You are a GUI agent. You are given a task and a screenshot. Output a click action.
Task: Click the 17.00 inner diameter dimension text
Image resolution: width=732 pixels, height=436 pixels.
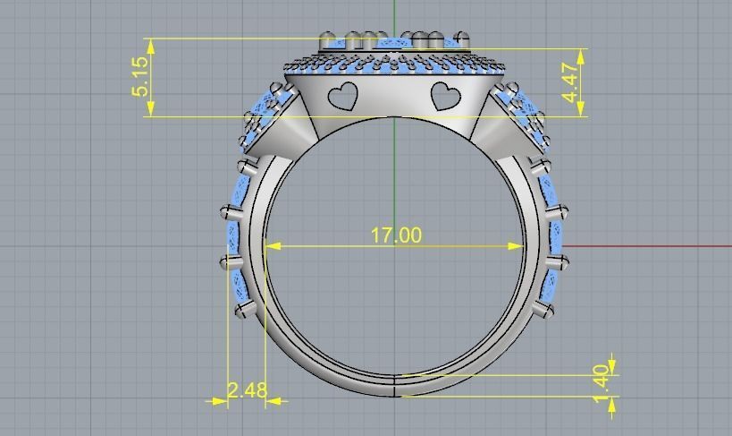[396, 235]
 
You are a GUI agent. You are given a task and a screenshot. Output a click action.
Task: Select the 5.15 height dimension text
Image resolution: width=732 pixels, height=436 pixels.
[140, 77]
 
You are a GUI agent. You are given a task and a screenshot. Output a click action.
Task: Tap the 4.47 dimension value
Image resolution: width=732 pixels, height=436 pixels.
[568, 81]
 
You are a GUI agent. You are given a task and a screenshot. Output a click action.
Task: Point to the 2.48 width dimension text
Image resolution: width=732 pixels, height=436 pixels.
[247, 390]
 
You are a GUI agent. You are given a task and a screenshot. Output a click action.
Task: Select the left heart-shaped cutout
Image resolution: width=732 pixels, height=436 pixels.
[343, 95]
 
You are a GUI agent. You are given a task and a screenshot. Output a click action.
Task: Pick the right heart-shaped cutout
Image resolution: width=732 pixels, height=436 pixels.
[445, 96]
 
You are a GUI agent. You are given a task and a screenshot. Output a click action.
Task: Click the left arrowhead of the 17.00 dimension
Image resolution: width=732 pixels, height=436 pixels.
[272, 245]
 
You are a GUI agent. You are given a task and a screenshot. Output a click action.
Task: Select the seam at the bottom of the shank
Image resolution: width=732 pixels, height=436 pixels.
[395, 385]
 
